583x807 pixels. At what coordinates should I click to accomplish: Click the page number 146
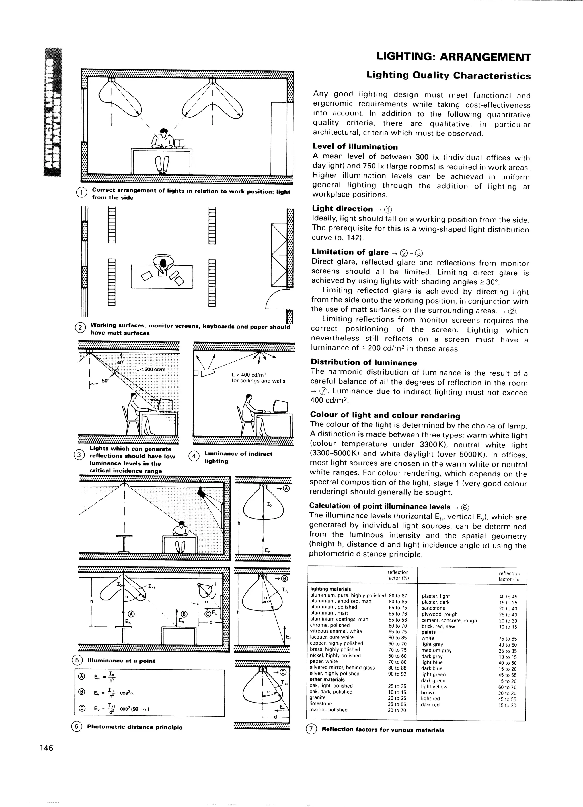tap(46, 748)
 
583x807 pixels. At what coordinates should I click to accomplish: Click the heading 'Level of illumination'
tap(355, 147)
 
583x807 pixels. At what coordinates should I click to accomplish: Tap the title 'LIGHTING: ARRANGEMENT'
tap(453, 57)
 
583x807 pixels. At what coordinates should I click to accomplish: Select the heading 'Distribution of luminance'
tap(364, 362)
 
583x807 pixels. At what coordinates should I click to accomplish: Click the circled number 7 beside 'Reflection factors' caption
tap(311, 729)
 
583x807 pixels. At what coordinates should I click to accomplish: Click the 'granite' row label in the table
tap(318, 698)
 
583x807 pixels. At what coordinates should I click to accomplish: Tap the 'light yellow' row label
tap(434, 686)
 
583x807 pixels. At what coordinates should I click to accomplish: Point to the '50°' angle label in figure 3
tap(106, 380)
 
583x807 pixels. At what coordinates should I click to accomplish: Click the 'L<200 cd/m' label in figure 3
tap(151, 369)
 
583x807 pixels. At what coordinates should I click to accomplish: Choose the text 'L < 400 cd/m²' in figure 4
tap(249, 375)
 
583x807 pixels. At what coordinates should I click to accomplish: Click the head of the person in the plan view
tap(163, 263)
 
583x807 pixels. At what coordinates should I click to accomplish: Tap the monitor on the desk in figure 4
tap(280, 405)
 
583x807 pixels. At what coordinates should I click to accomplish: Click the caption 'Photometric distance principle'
tap(135, 727)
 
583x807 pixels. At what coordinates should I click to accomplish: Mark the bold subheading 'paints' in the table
tap(428, 632)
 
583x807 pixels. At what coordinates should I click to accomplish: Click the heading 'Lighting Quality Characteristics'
tap(448, 75)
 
